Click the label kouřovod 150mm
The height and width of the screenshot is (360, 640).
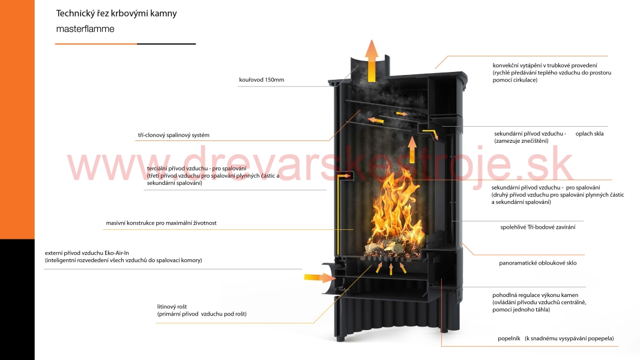(x=262, y=80)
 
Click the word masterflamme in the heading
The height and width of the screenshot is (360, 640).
(x=85, y=29)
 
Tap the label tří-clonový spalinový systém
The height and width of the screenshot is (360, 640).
(x=174, y=135)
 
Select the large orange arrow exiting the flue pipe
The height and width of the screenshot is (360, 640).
(x=372, y=61)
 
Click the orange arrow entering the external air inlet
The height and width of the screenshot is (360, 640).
(x=319, y=278)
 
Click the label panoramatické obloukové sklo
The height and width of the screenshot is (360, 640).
(x=537, y=263)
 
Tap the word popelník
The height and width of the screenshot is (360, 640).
(x=509, y=338)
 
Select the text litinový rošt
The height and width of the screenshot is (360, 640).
(x=172, y=307)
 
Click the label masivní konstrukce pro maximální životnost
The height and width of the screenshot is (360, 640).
(x=162, y=223)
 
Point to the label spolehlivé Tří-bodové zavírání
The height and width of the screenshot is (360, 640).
(x=538, y=227)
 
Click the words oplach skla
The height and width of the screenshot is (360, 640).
(x=590, y=133)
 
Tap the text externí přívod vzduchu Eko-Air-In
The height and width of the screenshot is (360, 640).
(x=87, y=253)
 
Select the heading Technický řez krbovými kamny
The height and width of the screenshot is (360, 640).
(x=116, y=13)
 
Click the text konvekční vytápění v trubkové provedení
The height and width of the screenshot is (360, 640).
(x=545, y=65)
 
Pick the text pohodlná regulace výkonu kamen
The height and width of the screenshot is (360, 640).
(x=535, y=295)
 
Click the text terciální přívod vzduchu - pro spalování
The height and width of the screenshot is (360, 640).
(x=196, y=169)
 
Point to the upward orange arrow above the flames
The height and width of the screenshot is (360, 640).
(x=412, y=149)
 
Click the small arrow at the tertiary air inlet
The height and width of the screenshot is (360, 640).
(x=345, y=176)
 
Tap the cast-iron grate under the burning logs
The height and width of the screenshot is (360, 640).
(x=392, y=259)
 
